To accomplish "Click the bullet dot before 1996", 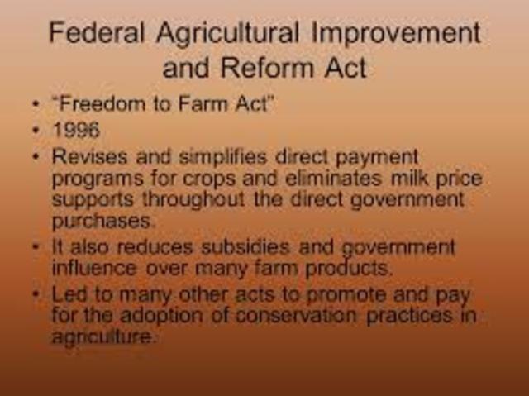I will pos(36,131).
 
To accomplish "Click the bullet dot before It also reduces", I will pos(36,246).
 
